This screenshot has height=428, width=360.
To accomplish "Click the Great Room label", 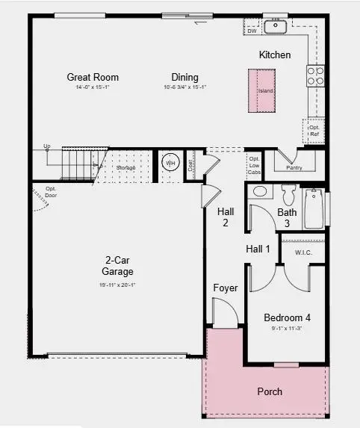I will point(93,77).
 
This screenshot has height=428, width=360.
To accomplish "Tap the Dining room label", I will point(184,77).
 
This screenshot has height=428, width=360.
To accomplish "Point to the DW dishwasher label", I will point(252,31).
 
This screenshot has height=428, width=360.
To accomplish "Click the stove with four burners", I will point(315,75).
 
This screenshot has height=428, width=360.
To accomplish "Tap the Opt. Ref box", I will point(313,131).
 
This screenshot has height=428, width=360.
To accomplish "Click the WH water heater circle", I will point(170,162).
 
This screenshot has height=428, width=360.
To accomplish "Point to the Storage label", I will point(126,168).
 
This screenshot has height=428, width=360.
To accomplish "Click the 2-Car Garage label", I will point(119,266).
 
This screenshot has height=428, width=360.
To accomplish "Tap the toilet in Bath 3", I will point(290,196).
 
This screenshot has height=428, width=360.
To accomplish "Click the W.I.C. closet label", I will point(303,252).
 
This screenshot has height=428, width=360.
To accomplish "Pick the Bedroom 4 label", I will point(287,317).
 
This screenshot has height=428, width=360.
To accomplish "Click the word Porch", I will point(270,391).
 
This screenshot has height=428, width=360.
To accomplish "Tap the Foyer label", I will point(226,287).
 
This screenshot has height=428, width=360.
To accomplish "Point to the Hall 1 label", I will point(258,248).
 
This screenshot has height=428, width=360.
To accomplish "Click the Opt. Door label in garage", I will point(51,191).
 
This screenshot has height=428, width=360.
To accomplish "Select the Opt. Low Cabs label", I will point(254,166).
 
